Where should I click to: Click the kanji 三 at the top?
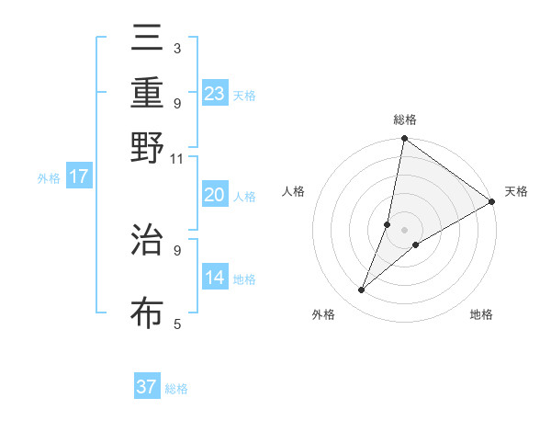(147, 40)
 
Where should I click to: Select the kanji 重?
(147, 93)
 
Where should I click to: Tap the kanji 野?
(147, 147)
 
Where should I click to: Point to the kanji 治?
(147, 240)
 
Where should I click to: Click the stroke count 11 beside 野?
(176, 158)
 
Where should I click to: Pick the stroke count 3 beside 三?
(176, 48)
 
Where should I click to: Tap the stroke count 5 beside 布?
(176, 324)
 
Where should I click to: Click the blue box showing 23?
(215, 94)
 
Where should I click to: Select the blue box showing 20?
(214, 195)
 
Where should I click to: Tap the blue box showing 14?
(214, 278)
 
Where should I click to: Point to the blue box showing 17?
(78, 176)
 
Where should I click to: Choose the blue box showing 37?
(147, 387)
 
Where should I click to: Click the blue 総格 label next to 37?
(177, 389)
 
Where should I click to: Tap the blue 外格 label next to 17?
(48, 178)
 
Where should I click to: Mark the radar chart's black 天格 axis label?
(516, 191)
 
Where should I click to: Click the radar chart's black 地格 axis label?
(481, 315)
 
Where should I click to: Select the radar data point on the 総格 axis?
(404, 139)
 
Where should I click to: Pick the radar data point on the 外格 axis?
(362, 290)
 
